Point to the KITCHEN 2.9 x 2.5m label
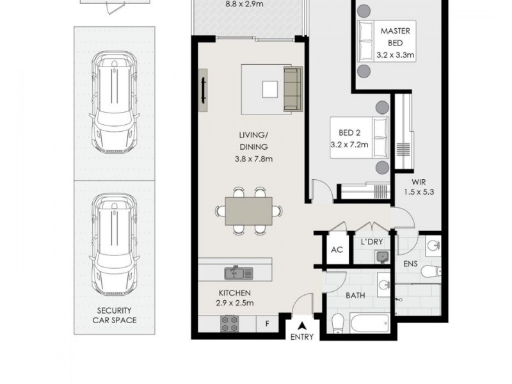click(x=236, y=298)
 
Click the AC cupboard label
click(x=337, y=250)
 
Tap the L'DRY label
click(x=371, y=243)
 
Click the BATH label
click(x=355, y=296)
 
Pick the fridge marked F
click(x=267, y=323)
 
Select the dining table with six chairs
click(x=248, y=210)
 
